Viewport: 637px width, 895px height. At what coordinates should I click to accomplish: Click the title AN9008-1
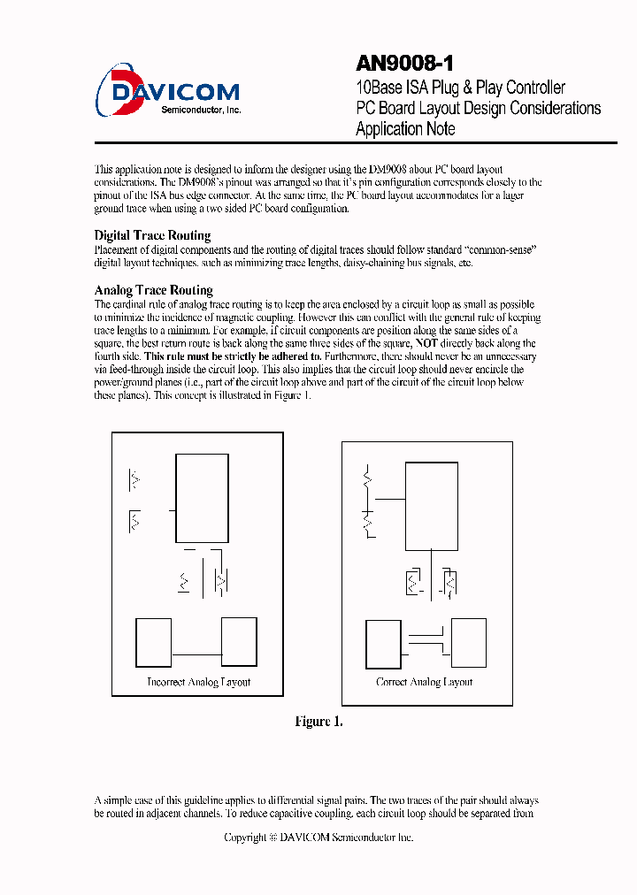point(405,64)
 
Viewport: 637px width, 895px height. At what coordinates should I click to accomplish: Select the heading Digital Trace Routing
point(152,235)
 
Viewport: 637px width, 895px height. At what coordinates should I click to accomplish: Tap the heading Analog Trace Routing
point(153,290)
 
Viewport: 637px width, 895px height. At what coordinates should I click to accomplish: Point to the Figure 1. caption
point(318,722)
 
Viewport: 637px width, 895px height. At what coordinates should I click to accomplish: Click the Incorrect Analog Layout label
point(198,682)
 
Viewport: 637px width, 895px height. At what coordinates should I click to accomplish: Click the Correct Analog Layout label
point(424,682)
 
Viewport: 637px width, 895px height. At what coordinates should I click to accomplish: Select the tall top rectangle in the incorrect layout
point(202,498)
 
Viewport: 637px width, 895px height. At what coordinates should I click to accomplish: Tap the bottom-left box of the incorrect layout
point(153,642)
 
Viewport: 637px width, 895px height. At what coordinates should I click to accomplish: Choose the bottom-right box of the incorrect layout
point(239,642)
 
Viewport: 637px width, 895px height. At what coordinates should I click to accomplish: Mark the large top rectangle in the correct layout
point(432,505)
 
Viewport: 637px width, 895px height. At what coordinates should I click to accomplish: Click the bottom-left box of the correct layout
point(383,644)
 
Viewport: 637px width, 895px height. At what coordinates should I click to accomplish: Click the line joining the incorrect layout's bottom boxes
point(196,654)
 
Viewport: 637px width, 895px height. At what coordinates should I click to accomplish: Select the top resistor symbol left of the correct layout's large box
point(366,483)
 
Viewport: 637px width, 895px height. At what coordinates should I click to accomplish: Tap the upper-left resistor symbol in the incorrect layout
point(134,480)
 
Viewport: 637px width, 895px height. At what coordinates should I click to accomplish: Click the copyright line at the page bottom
point(318,837)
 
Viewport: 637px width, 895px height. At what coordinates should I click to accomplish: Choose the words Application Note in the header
point(405,129)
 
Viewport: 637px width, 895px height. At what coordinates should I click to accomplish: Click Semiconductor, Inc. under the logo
point(202,110)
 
